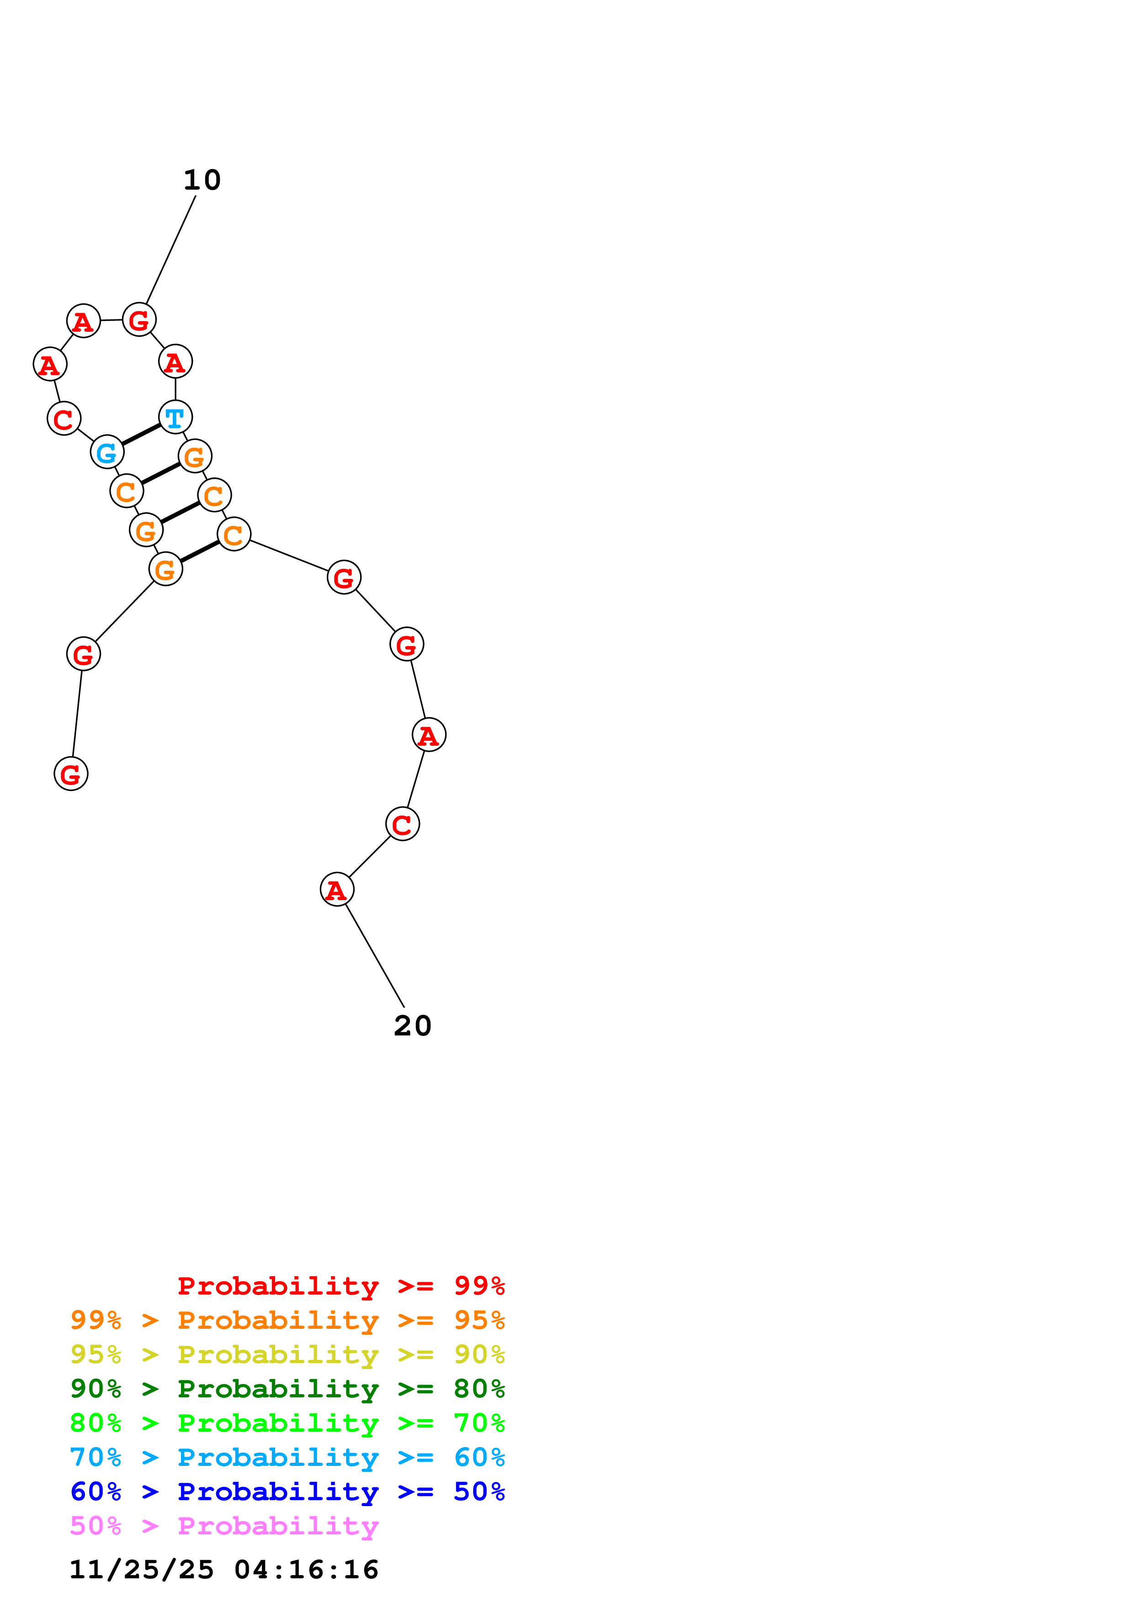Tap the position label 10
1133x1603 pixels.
[202, 180]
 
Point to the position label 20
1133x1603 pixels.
[413, 1025]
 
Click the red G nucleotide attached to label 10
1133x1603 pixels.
[139, 320]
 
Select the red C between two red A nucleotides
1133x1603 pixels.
[403, 824]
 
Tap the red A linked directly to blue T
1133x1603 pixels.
[175, 361]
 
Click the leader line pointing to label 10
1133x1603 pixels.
[170, 250]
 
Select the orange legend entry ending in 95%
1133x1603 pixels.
[287, 1320]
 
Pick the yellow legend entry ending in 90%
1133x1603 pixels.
[287, 1354]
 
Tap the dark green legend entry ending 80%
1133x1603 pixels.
[287, 1389]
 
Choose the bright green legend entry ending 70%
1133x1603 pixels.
[287, 1423]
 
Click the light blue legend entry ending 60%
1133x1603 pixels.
[287, 1457]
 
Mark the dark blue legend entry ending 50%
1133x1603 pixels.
[287, 1492]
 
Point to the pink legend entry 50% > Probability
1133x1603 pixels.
[224, 1525]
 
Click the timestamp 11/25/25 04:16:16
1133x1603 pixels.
[224, 1570]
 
